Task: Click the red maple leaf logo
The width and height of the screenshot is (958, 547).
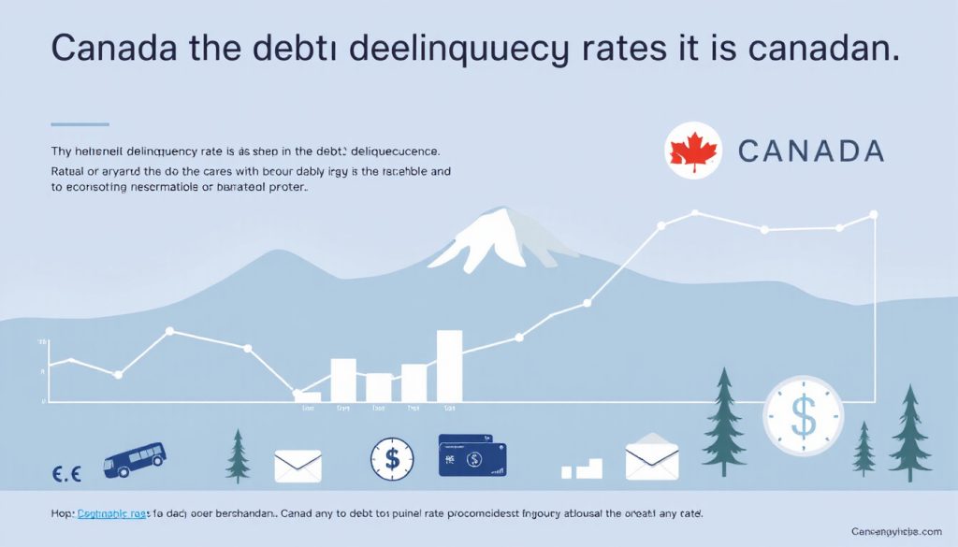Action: tap(693, 151)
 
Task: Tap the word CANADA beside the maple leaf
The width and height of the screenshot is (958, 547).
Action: tap(810, 151)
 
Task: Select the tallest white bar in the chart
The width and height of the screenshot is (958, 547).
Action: tap(449, 366)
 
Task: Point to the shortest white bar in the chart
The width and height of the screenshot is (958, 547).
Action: tap(307, 396)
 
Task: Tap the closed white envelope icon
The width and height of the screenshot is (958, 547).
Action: tap(298, 466)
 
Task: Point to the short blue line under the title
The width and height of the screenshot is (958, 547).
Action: tap(80, 123)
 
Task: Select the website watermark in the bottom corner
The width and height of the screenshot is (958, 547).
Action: tap(899, 531)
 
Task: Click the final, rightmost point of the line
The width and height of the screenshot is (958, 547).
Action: tap(874, 215)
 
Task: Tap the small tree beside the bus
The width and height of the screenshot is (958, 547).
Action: tap(239, 454)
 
